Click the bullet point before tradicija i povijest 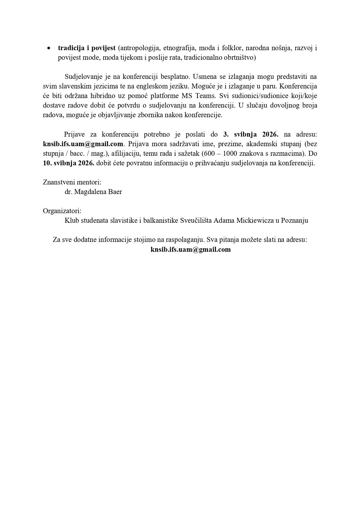coord(49,48)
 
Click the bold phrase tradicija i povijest coord(86,48)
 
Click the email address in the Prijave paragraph coord(83,144)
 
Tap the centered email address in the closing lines coord(191,249)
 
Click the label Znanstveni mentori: coord(72,182)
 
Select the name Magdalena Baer coord(98,192)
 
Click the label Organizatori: coord(62,211)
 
